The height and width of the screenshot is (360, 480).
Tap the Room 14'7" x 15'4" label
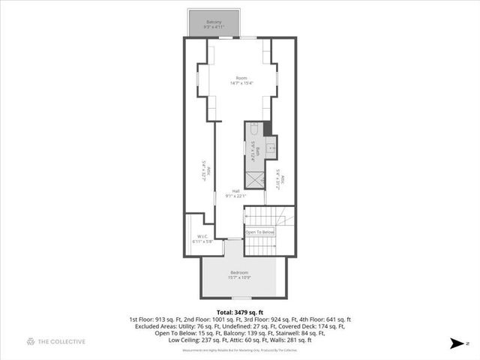click(x=241, y=80)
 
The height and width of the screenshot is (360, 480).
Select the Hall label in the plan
click(x=236, y=193)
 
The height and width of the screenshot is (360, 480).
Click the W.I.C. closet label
click(x=202, y=239)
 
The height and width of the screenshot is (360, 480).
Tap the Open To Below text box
click(x=260, y=232)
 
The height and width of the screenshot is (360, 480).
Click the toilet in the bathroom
click(x=253, y=128)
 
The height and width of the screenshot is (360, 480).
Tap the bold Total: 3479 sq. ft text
click(x=240, y=311)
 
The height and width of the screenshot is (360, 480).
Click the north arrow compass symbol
click(x=454, y=343)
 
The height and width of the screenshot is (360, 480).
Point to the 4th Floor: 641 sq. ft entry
click(x=325, y=319)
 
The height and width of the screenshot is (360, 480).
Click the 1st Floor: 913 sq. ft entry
click(x=154, y=319)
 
